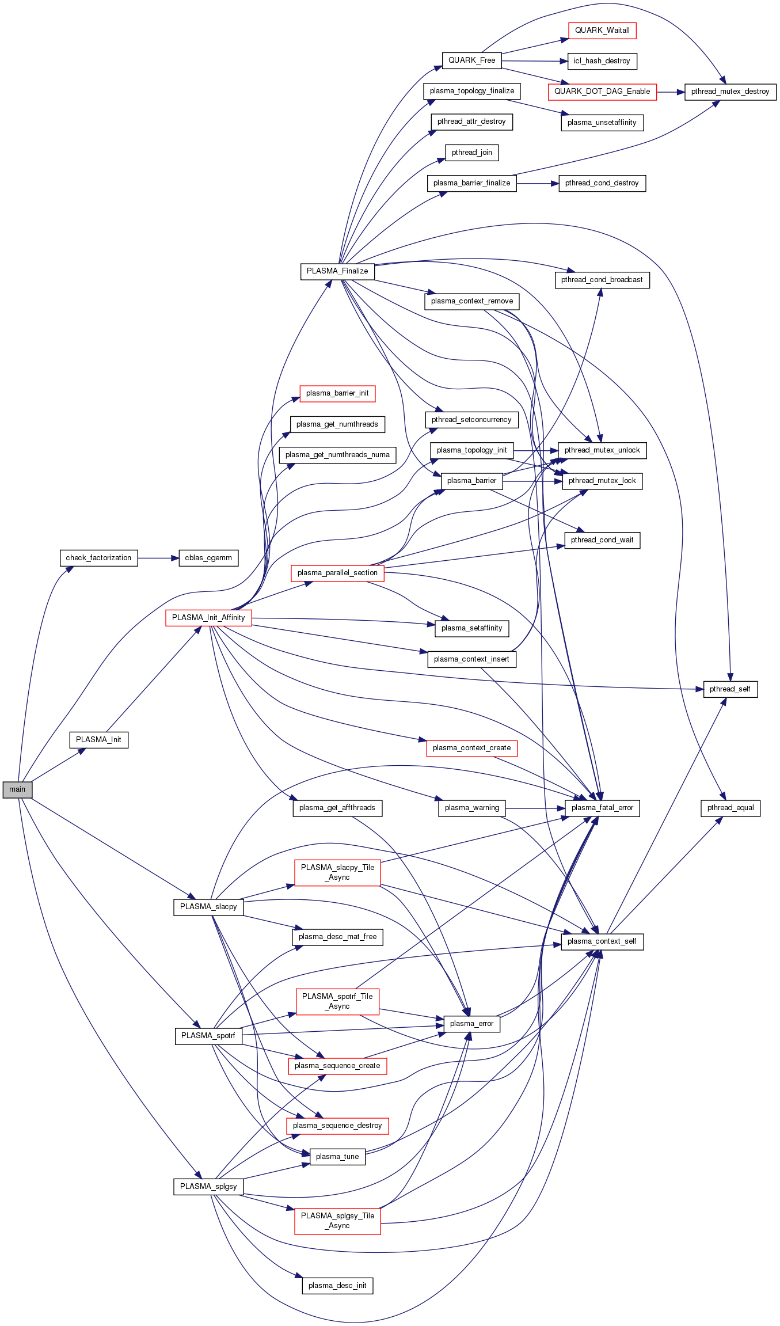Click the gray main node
pos(17,789)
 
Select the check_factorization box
pos(98,558)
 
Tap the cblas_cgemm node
pos(208,558)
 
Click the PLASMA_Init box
pos(98,740)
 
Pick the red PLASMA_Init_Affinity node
pos(208,618)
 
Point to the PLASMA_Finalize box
pos(337,271)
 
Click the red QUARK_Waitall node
pos(602,31)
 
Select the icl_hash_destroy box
pos(602,61)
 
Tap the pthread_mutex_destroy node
pos(730,92)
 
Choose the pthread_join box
pos(471,153)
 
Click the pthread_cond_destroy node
pos(602,183)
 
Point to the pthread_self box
pos(730,689)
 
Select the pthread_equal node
pos(730,808)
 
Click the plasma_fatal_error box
pos(602,808)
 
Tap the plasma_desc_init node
pos(337,1286)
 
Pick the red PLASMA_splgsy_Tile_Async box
pos(337,1221)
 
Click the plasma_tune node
pos(337,1157)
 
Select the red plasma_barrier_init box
pos(337,393)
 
